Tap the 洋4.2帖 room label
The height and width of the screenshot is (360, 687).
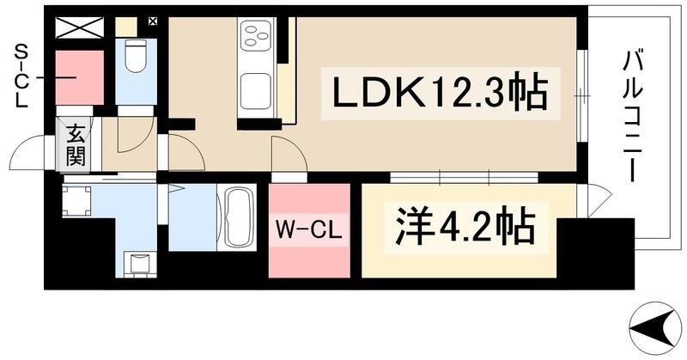coord(463,228)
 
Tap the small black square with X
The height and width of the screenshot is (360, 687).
coord(153,21)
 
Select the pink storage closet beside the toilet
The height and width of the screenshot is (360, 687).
coord(79,77)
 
